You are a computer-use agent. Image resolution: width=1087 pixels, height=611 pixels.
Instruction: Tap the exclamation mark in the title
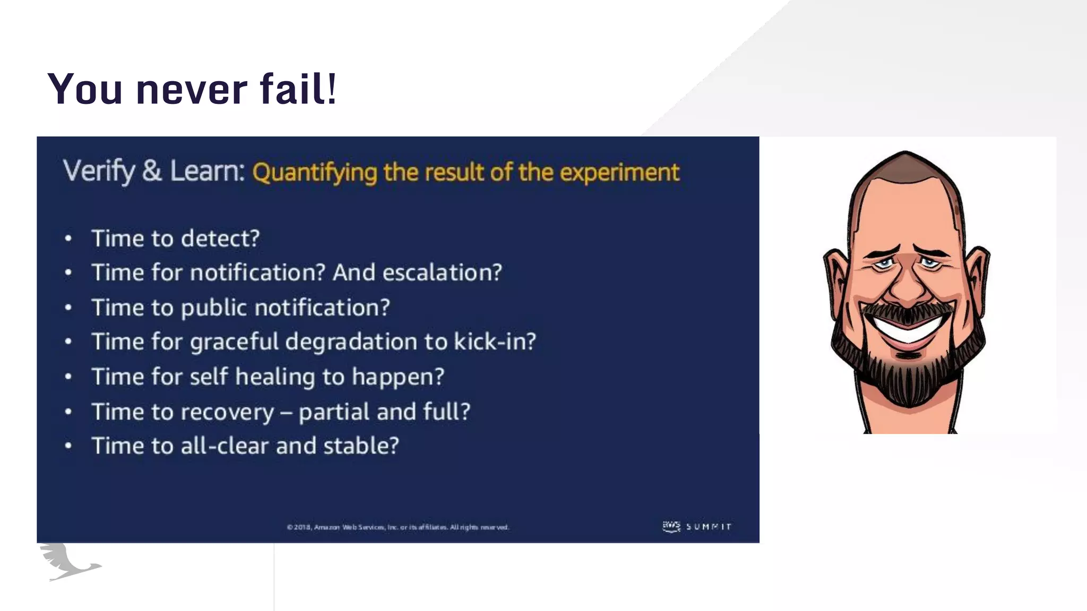point(332,89)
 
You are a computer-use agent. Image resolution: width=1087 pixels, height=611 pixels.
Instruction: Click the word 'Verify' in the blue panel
point(99,171)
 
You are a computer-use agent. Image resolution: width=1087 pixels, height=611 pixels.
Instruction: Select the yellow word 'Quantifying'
point(314,173)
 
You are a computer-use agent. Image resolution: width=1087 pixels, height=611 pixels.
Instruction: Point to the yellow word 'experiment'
point(619,172)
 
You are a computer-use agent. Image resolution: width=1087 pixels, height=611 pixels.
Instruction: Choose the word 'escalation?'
point(442,273)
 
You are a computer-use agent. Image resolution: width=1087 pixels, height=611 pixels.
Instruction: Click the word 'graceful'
point(234,342)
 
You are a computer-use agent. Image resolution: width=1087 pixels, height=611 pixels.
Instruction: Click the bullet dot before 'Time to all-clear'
point(68,446)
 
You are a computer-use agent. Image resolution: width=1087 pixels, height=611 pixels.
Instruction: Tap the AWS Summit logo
point(697,526)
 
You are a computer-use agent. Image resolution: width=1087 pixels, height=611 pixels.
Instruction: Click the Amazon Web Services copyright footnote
point(398,527)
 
